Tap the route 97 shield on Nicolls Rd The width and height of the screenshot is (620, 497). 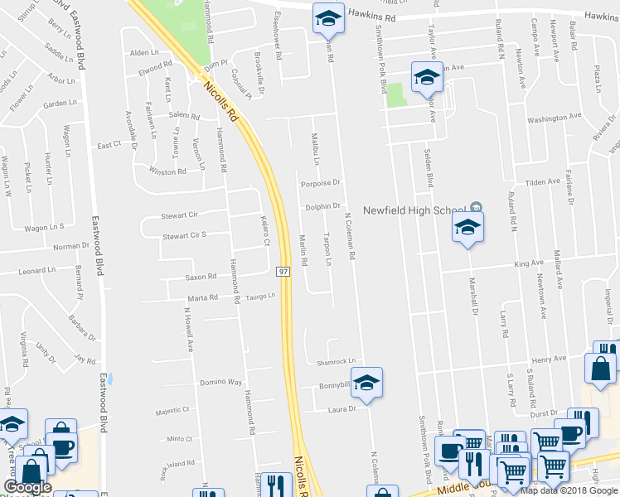click(283, 271)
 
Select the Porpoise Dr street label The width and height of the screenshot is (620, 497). click(321, 183)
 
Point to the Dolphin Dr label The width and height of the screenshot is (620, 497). click(323, 206)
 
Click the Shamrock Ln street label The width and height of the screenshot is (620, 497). click(336, 361)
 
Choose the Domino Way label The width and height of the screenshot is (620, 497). click(220, 383)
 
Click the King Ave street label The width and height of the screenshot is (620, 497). click(529, 263)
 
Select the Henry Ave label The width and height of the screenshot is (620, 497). click(548, 359)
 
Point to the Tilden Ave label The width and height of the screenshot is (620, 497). click(543, 182)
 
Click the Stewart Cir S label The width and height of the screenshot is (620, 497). click(184, 235)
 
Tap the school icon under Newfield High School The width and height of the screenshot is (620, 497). click(467, 228)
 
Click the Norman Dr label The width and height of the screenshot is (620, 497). click(71, 246)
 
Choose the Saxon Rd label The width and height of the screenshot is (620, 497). click(201, 277)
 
